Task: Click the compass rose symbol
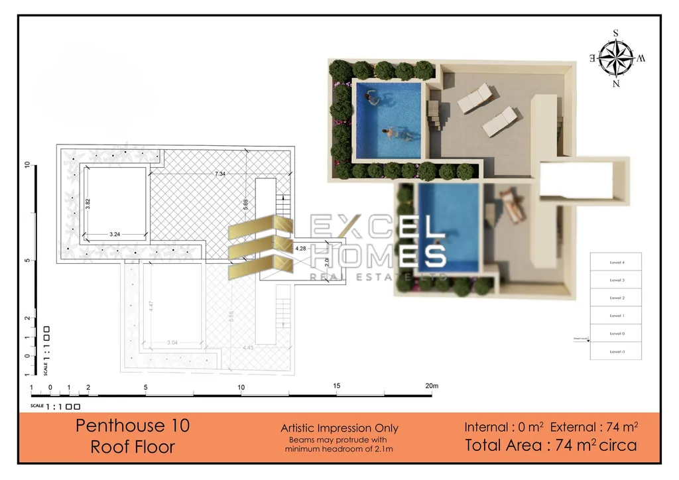(615, 58)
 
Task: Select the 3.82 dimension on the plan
(88, 204)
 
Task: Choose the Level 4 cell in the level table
(617, 263)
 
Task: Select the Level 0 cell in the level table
(617, 333)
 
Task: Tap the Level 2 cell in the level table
(617, 298)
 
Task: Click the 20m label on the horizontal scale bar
(432, 386)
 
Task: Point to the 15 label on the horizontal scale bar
(337, 386)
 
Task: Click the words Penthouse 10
(133, 425)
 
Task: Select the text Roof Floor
(133, 447)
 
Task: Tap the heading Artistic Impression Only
(339, 428)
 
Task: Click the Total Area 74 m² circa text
(551, 445)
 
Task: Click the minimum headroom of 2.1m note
(339, 450)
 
